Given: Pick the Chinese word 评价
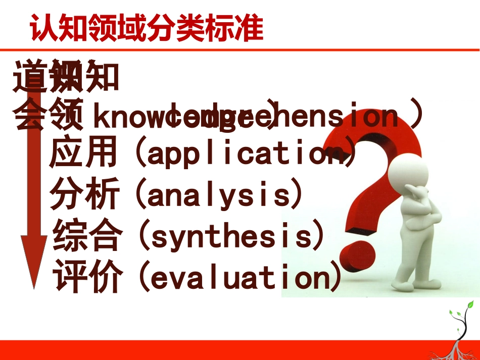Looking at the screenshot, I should (x=87, y=276).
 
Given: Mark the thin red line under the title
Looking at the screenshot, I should (x=239, y=50).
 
